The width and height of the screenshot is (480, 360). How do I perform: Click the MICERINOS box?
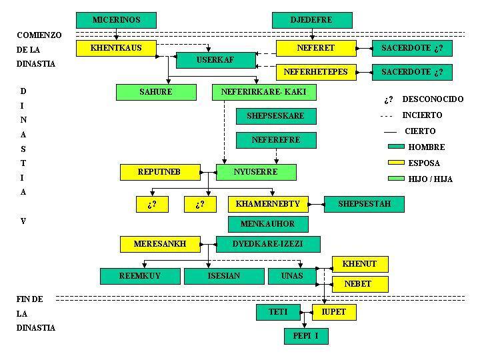coord(116,20)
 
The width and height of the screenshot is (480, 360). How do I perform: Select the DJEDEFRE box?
coord(311,20)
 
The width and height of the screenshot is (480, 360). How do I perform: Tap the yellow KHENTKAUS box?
coord(116,48)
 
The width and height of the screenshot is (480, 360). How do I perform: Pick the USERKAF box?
coord(215,61)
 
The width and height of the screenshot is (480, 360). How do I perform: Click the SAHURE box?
coord(155,92)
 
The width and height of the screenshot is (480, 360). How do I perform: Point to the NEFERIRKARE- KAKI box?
coord(263,92)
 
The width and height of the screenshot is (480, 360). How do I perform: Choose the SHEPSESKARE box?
coord(275,116)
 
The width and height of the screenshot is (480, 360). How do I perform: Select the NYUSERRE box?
coord(256,172)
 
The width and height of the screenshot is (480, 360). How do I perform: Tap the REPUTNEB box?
coord(159,172)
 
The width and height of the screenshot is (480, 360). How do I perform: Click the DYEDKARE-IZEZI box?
coord(267,244)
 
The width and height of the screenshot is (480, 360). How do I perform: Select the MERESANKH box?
coord(159,244)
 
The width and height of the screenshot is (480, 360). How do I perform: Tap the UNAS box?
coord(292,275)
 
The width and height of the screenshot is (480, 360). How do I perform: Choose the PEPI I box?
coord(306,336)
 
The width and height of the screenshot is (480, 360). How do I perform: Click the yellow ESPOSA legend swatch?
coord(396,163)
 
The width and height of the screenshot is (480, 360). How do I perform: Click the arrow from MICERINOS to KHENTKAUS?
coord(116,34)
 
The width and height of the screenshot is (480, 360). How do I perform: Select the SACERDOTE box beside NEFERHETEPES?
coord(411,72)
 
